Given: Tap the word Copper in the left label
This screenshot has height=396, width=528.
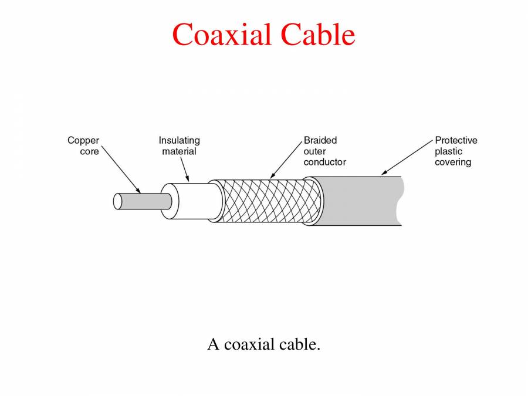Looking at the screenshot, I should (x=83, y=141).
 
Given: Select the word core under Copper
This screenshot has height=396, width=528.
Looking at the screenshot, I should (x=89, y=151).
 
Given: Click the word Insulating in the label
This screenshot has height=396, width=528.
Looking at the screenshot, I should (x=179, y=141).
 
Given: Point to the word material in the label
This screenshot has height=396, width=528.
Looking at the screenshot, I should (x=179, y=151).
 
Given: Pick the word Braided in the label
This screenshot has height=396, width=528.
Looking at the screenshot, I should (x=320, y=141).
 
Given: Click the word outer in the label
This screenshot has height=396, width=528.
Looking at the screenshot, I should (x=314, y=151).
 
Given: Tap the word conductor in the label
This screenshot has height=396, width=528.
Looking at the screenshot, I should (x=324, y=162).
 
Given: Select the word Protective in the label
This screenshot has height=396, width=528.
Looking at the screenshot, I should (x=456, y=141).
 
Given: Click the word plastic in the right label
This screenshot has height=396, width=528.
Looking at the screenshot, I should (x=448, y=151).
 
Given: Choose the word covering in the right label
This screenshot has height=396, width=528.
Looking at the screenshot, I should (x=452, y=162).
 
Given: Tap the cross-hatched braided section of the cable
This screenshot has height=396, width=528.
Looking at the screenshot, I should (x=264, y=201).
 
